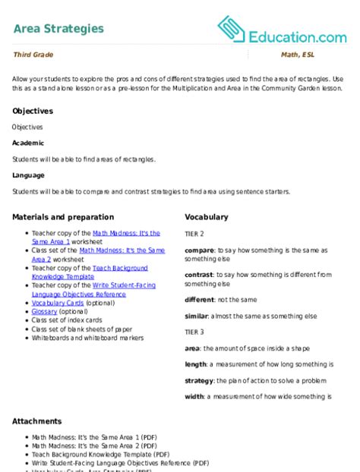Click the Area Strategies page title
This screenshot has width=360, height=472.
point(58,29)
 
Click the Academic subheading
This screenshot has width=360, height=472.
point(29,143)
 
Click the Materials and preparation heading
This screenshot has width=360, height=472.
point(63,217)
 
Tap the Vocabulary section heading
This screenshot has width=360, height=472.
point(206,217)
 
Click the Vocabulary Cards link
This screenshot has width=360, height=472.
point(58,303)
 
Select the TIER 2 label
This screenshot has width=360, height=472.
point(194,234)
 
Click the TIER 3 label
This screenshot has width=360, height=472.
point(194,332)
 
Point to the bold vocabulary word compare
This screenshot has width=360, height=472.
point(199,250)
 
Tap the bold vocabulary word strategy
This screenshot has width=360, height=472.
point(200,380)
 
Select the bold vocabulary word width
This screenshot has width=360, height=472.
point(195,396)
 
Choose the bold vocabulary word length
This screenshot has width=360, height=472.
point(197,363)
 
